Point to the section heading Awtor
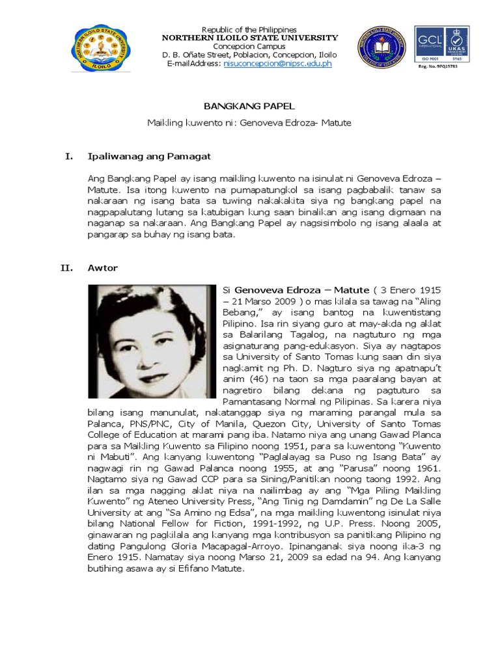tap(102, 267)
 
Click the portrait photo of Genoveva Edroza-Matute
tap(152, 341)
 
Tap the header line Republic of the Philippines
tap(249, 30)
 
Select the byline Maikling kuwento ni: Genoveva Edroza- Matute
tap(249, 122)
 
